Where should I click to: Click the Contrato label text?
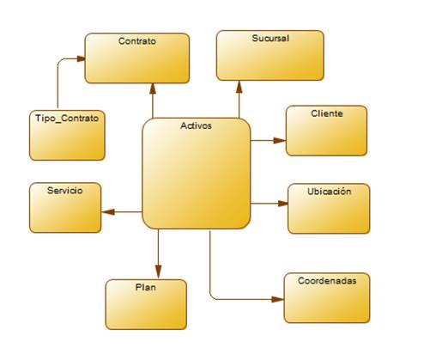pos(137,41)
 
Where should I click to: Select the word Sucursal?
pos(270,38)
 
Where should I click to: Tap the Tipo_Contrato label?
pos(67,119)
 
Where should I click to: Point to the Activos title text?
pos(196,125)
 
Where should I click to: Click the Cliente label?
pos(327,113)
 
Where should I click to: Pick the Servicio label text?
pos(65,191)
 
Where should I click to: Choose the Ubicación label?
pos(329,192)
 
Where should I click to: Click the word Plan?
pos(146,287)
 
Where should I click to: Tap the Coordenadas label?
pos(327,281)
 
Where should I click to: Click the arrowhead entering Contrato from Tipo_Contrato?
pos(81,58)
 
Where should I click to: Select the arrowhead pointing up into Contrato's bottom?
pos(153,88)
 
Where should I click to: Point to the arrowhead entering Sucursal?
pos(239,87)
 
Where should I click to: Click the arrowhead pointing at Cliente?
pos(280,140)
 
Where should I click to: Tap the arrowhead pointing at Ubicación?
pos(283,204)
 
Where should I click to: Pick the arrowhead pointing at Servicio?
pos(108,212)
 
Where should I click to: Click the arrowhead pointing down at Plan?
pos(158,272)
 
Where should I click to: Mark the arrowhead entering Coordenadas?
pos(277,300)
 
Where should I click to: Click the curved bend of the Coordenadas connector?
pos(212,297)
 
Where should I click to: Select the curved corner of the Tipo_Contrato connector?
pos(59,61)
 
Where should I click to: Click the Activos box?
pos(197,174)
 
